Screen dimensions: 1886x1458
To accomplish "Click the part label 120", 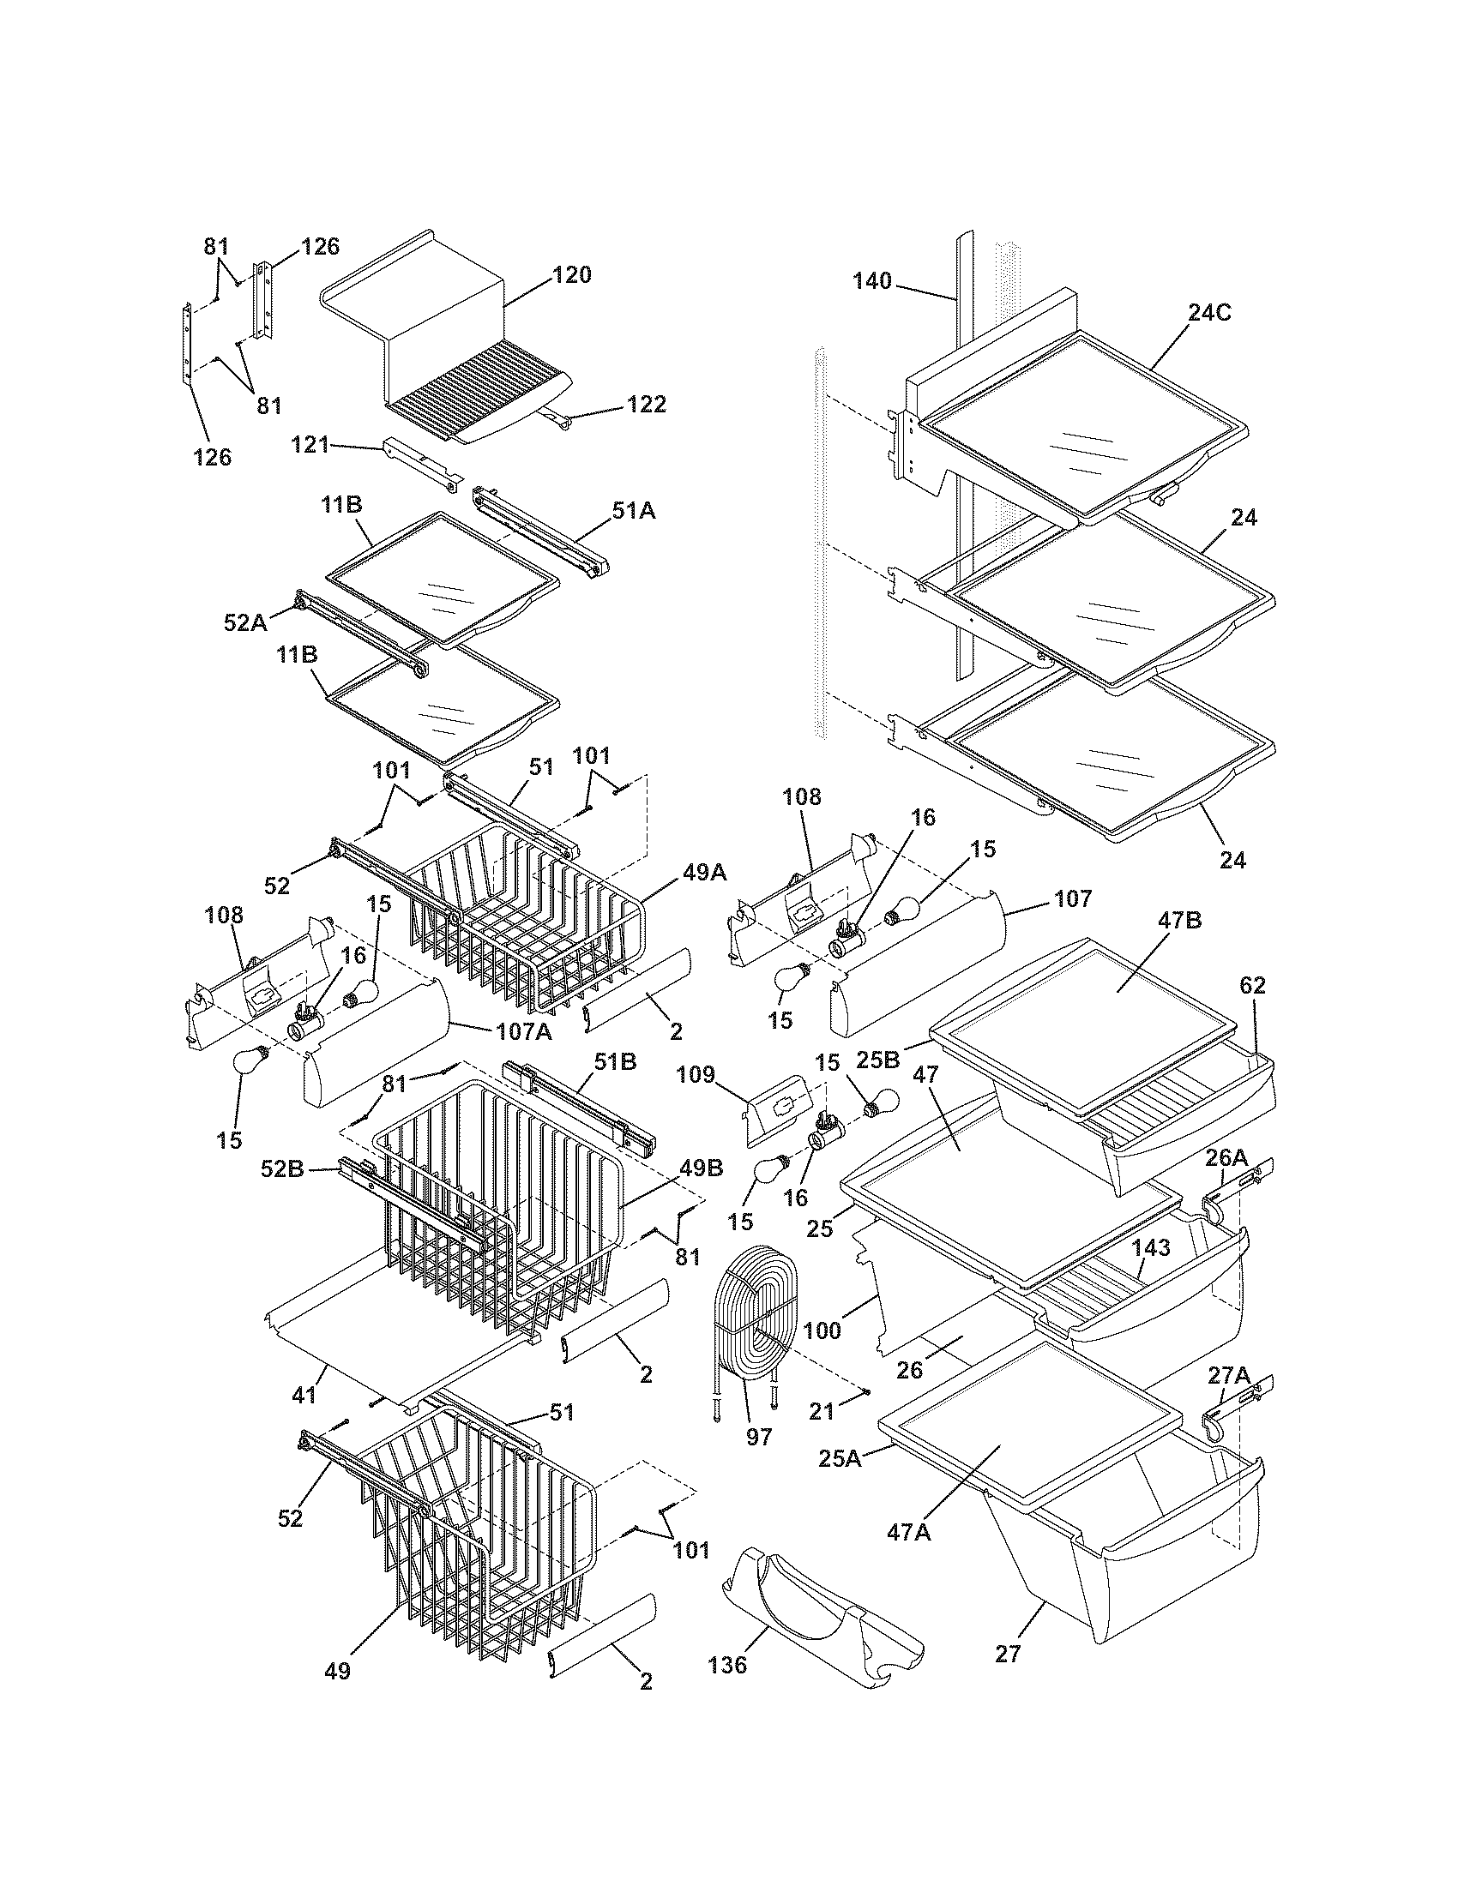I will pos(572,274).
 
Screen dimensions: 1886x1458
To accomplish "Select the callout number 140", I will pos(872,280).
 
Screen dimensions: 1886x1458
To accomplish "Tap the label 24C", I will pos(1209,313).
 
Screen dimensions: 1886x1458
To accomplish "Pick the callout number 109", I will pos(696,1075).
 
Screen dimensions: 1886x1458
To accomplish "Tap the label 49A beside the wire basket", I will pos(705,873).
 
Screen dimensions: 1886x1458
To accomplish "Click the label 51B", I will pos(614,1062).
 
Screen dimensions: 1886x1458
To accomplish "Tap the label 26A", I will pos(1227,1156).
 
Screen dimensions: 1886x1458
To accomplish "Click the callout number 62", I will pos(1252,985).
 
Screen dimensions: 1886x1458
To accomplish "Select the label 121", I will pos(310,445).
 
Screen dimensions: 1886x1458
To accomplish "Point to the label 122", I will pos(647,404).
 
